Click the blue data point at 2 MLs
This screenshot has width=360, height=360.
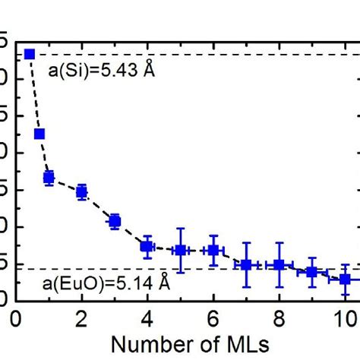click(x=81, y=191)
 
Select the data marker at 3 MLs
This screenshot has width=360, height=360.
click(x=115, y=222)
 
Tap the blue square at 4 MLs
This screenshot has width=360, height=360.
click(x=147, y=246)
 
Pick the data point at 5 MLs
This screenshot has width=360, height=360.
click(x=180, y=250)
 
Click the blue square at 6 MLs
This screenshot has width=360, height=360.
click(x=213, y=250)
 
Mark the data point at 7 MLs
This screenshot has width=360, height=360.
click(x=246, y=264)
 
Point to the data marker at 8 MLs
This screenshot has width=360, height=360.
click(x=279, y=264)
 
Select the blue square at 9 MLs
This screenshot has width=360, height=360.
click(x=312, y=272)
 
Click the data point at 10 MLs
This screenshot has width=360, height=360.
click(x=345, y=279)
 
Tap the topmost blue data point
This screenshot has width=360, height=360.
click(x=30, y=54)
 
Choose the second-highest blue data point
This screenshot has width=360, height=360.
click(x=39, y=134)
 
